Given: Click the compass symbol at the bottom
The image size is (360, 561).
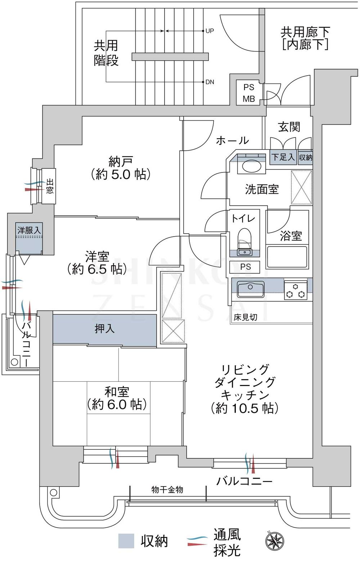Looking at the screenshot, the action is pos(275,541).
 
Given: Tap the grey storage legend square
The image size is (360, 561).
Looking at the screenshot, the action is pos(126,541).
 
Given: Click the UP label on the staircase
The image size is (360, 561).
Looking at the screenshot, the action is pos(210,31).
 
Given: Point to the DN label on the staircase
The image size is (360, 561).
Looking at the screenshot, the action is pos(210,82).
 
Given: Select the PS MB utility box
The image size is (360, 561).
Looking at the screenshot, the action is pos(249,93).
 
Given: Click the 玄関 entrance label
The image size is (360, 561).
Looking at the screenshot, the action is pos(289,127).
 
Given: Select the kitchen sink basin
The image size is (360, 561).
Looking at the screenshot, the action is pos(251,288).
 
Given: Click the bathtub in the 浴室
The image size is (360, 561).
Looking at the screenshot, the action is pos(287,256).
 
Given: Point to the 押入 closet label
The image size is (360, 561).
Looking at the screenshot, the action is pos(104,328).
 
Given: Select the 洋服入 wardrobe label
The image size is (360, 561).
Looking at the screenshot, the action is pos(29,230).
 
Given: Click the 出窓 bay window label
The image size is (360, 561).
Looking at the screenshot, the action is pos(49,186).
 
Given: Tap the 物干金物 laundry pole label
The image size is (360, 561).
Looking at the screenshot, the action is pos(167,490).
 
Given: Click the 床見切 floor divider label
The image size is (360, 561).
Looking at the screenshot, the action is pos(245,318).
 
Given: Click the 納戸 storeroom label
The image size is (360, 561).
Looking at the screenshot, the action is pos(120,161).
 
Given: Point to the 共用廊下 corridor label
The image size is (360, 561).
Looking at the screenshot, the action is pos(305,32).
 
